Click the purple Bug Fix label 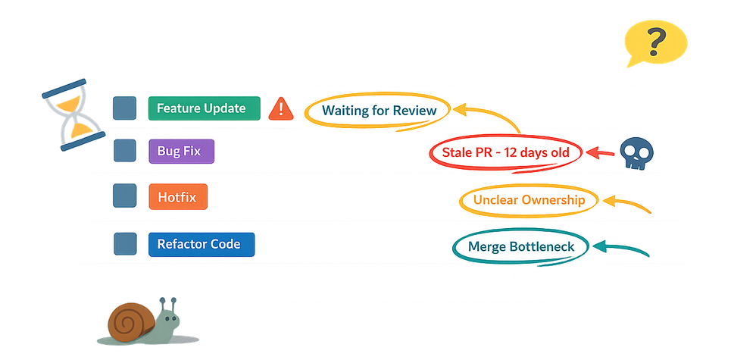(x=181, y=151)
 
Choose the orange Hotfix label (x=177, y=198)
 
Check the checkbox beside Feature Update (x=124, y=108)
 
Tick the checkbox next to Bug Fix (x=124, y=151)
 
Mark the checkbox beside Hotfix (x=124, y=197)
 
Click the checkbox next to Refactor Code (x=124, y=244)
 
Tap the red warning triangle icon (x=281, y=109)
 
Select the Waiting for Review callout (x=379, y=111)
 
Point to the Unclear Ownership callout (x=529, y=200)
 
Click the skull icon (x=636, y=154)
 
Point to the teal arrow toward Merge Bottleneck (x=621, y=247)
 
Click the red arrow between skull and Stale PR (x=602, y=153)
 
